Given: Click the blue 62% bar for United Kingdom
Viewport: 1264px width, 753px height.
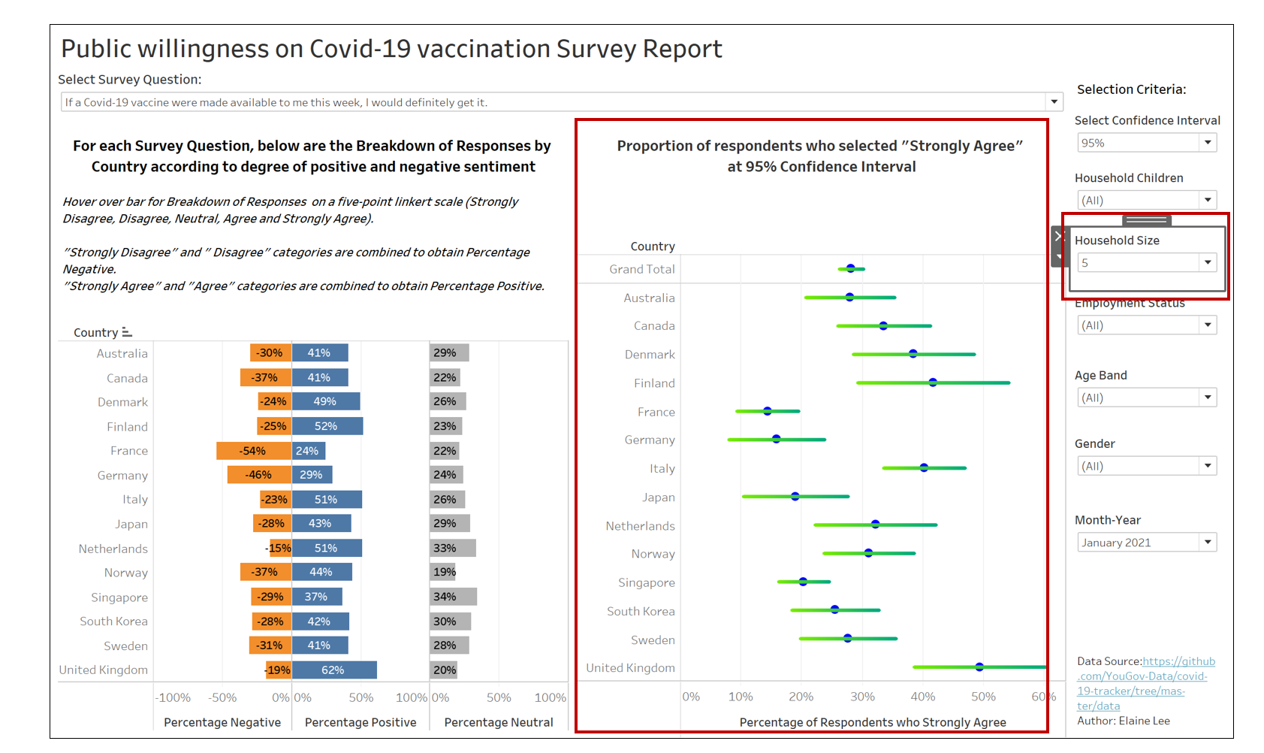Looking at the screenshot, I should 334,670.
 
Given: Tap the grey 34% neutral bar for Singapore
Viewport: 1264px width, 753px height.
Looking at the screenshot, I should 453,597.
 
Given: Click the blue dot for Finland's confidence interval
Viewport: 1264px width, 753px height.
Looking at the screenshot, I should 933,383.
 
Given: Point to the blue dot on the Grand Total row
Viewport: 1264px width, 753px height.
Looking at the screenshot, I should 851,268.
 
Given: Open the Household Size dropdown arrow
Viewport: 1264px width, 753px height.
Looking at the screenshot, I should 1208,262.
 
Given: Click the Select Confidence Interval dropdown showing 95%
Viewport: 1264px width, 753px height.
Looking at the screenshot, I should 1146,143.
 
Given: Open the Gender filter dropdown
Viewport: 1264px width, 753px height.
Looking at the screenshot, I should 1146,466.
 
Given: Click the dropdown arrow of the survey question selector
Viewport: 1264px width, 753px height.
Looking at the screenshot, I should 1054,102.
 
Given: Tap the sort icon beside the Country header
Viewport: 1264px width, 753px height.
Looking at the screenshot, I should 127,332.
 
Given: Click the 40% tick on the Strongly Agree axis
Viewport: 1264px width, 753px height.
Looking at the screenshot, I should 923,697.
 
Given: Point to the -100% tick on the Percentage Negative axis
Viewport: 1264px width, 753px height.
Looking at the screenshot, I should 173,697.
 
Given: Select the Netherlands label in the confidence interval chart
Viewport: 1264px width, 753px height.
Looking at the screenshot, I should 640,526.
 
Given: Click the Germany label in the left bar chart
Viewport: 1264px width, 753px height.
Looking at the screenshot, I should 122,476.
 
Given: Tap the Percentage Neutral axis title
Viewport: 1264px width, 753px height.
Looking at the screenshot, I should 499,722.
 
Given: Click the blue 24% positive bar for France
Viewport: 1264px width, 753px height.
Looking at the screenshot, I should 308,451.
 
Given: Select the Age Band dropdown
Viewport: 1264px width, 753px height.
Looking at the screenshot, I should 1146,398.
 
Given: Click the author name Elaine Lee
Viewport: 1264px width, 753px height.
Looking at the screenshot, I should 1144,721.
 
